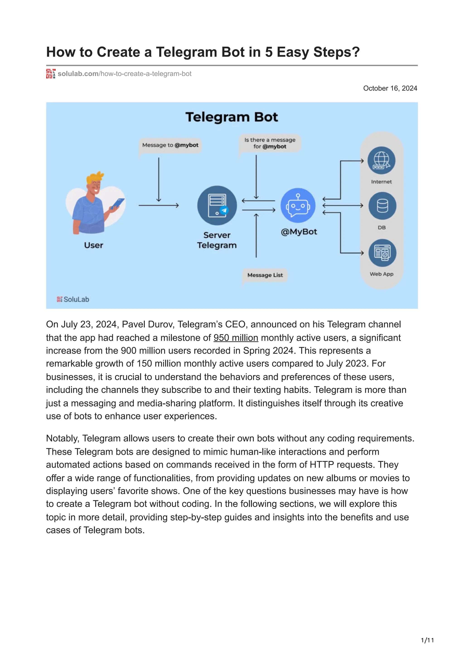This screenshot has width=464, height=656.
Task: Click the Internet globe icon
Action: coord(381,160)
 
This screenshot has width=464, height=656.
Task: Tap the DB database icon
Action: coord(382,206)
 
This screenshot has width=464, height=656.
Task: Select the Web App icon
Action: coord(382,253)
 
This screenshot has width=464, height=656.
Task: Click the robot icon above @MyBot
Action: coord(298,205)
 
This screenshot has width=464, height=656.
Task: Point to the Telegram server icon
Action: coord(217,206)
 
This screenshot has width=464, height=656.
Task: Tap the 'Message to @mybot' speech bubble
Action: coord(170,145)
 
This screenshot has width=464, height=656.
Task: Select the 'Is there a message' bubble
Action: coord(270,143)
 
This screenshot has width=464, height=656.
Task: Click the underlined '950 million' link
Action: coord(236,338)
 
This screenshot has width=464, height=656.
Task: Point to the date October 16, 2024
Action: coord(390,88)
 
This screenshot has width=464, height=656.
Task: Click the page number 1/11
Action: coord(427,640)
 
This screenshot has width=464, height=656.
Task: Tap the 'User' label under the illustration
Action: coord(94,245)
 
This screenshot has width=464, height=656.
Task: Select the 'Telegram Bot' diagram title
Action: coord(232,117)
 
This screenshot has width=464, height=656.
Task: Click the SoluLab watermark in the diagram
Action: coord(73,299)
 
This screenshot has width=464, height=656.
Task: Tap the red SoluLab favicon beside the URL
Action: coord(51,74)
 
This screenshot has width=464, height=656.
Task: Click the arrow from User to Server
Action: coord(159,205)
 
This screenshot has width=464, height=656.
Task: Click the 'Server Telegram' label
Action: coord(217,240)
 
